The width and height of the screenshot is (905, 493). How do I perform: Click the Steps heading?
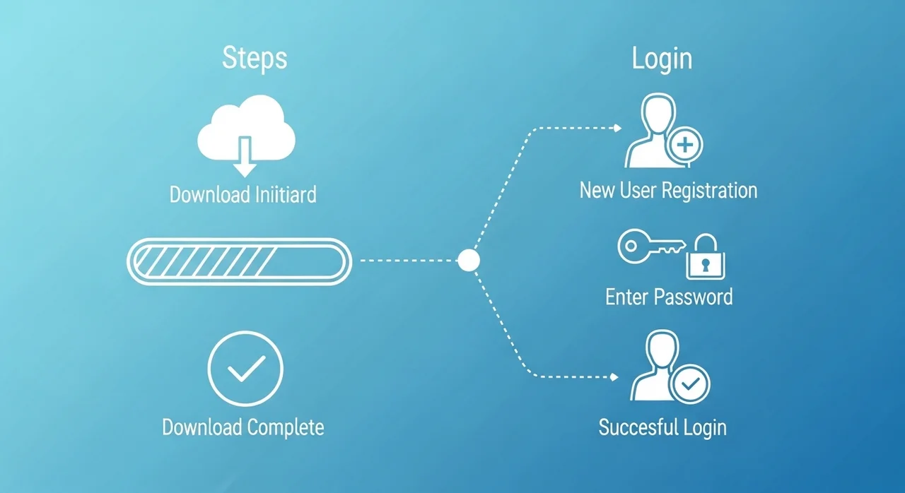point(255,58)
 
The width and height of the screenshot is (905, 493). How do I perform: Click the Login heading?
point(662,59)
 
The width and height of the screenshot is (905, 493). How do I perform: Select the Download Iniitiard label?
point(243,194)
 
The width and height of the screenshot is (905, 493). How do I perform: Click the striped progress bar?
point(238,261)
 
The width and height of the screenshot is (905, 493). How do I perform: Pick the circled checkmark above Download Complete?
point(245,368)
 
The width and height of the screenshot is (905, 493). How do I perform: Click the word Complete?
point(286,427)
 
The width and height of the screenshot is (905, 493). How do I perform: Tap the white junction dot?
point(469,261)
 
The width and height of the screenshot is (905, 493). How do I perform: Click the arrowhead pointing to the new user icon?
point(617,129)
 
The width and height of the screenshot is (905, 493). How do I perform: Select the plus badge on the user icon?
point(685,147)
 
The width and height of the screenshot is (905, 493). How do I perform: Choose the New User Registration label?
point(668,190)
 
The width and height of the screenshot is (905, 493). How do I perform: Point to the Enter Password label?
point(669,296)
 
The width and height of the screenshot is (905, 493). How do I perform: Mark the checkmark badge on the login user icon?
point(691,384)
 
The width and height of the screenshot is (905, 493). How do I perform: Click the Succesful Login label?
point(662,427)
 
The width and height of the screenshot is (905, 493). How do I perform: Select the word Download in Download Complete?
point(203,427)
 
